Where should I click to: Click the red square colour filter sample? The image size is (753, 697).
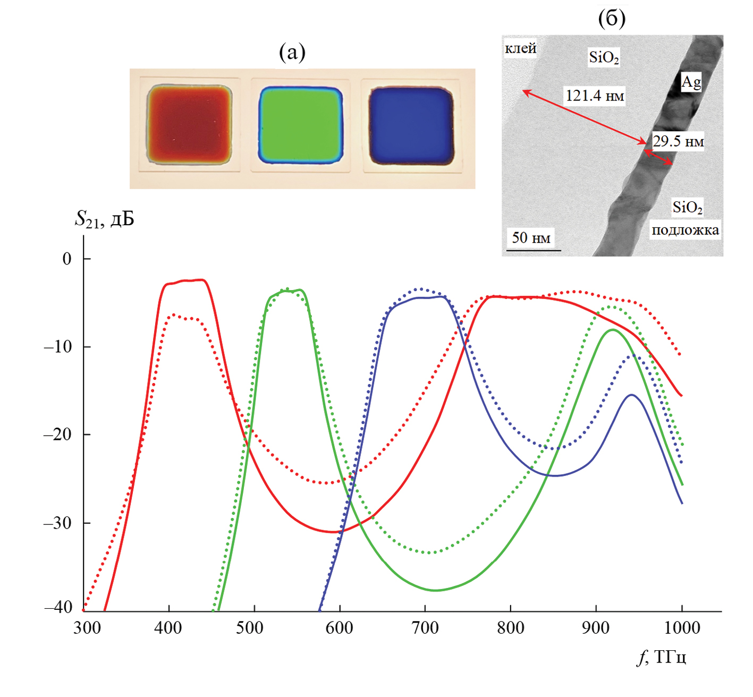tap(189, 124)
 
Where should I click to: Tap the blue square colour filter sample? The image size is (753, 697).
tap(411, 125)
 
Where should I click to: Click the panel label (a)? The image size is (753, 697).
tap(292, 52)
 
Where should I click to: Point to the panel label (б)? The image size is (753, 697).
tap(612, 19)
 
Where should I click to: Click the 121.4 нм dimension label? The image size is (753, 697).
tap(595, 96)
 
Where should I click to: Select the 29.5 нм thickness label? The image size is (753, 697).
tap(678, 142)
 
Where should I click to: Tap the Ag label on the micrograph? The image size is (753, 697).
tap(691, 82)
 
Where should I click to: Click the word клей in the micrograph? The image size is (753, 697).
tap(520, 49)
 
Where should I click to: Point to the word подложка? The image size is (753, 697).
tap(685, 231)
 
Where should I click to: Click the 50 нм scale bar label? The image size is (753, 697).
tap(531, 237)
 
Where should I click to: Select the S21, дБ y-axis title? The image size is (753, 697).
tap(105, 218)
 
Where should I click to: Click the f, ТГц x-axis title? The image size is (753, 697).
tap(662, 658)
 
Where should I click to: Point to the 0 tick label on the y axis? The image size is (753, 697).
tap(67, 259)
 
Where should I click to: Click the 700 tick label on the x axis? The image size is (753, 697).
tap(425, 628)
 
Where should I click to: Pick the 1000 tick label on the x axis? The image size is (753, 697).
tap(682, 628)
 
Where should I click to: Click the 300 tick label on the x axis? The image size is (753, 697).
tap(87, 628)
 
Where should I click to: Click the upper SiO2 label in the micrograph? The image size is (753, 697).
tap(604, 57)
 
